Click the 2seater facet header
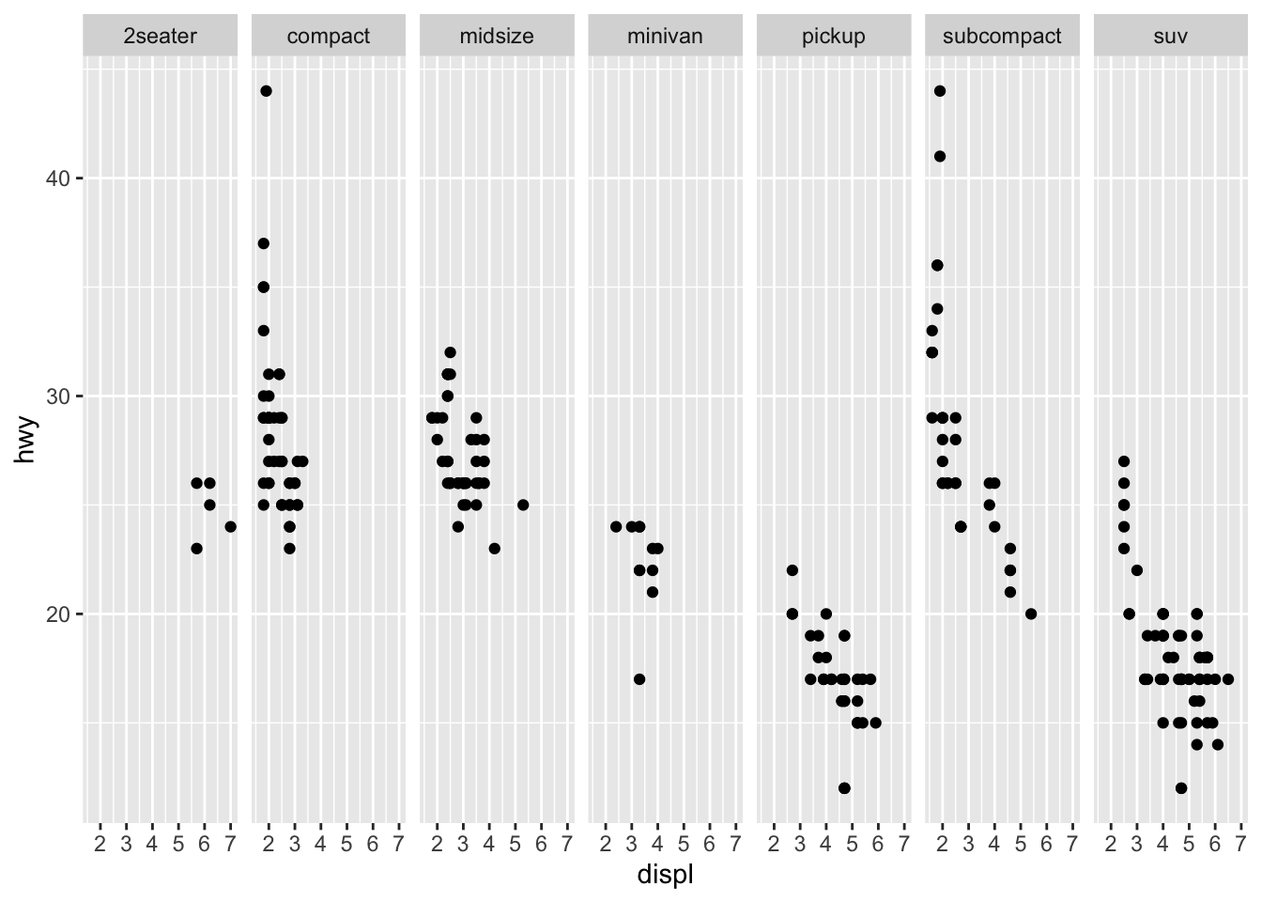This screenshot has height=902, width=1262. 161,37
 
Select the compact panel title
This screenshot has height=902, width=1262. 329,37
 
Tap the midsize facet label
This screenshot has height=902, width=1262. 497,37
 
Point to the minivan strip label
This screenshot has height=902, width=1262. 665,37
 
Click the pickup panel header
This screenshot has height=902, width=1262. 833,37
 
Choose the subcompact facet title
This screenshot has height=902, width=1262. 1002,37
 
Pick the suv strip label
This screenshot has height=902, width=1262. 1170,37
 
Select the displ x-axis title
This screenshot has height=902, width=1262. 665,875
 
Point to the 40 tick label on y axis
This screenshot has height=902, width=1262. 58,179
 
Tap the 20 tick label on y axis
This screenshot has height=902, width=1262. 58,614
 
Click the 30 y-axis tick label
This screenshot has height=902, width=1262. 58,396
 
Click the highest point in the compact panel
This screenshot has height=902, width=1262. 266,91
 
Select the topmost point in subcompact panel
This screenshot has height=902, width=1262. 940,91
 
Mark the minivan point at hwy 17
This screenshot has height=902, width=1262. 639,679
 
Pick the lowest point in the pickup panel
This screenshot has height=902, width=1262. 844,788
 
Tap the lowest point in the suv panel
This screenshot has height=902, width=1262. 1181,788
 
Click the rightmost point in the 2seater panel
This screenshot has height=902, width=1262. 230,527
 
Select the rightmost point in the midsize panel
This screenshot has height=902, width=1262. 523,505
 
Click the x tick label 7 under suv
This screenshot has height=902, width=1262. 1241,843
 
